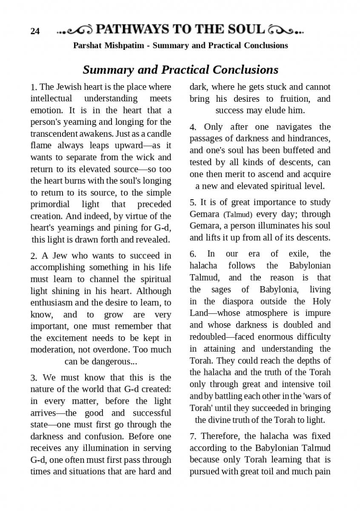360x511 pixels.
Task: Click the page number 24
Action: tap(35, 31)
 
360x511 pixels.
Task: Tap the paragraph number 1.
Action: tap(33, 87)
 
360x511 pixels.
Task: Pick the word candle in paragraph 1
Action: tap(159, 133)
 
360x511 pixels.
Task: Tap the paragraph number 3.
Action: tap(33, 378)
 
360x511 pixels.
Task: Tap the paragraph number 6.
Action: tap(193, 254)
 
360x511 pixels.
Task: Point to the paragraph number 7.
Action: tap(193, 436)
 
